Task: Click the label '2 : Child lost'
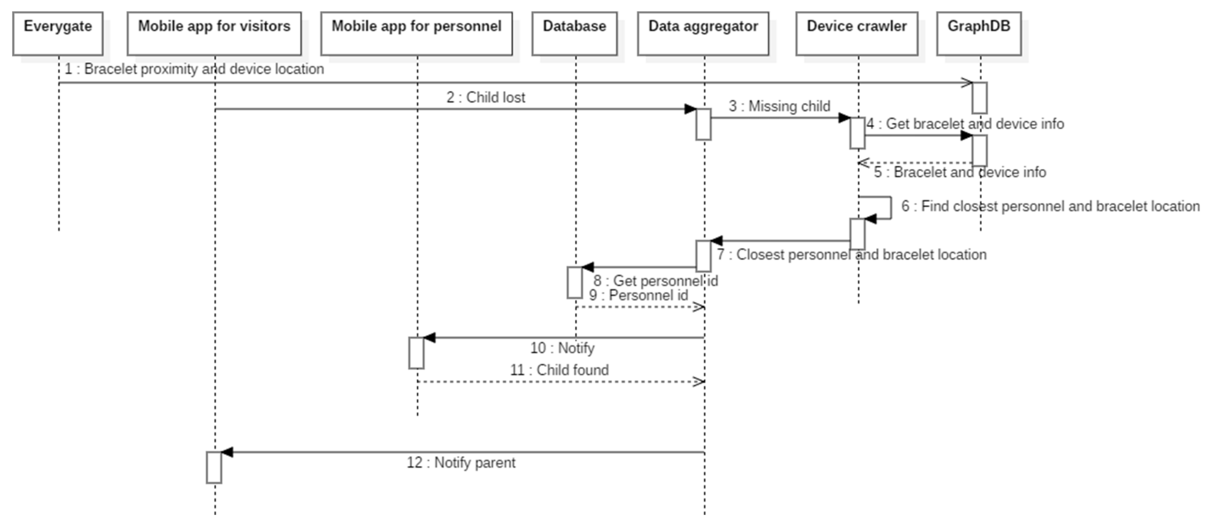pos(486,97)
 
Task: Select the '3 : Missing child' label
pos(779,106)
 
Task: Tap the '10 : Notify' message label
pos(562,348)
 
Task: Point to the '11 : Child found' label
pos(560,370)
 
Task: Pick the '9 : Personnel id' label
pos(638,295)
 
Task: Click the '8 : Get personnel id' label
pos(655,281)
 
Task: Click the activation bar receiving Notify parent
pos(214,468)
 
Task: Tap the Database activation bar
pos(574,282)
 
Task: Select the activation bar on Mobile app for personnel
pos(417,353)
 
